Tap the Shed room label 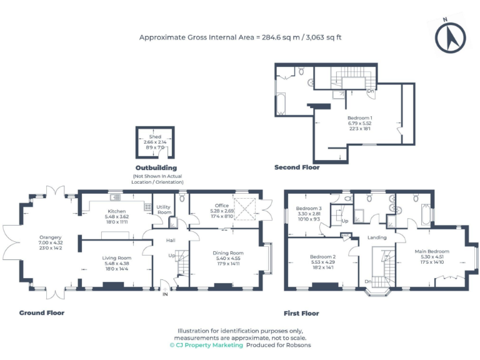(155, 137)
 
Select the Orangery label (51, 237)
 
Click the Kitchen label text (117, 212)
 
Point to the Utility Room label (164, 209)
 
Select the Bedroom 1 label (360, 117)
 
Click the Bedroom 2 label (323, 256)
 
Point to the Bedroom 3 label (309, 208)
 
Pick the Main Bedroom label (432, 251)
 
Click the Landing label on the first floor (377, 237)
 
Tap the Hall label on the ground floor (171, 240)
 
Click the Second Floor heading (297, 167)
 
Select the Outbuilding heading (156, 168)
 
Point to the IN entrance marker (165, 294)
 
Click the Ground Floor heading (42, 312)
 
